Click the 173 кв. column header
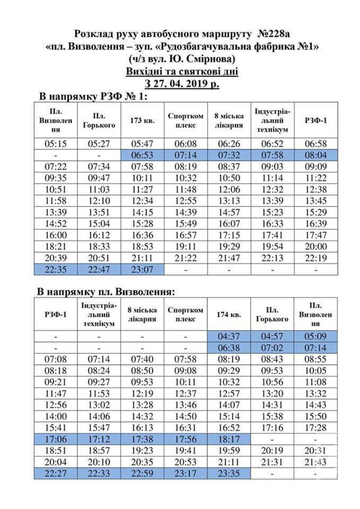(x=142, y=120)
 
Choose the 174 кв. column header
(x=229, y=314)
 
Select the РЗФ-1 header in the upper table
(x=315, y=120)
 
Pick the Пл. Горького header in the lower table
(x=272, y=314)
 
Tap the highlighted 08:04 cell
(x=315, y=155)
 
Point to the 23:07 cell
(x=142, y=269)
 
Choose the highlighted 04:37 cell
(x=229, y=336)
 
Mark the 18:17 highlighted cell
(x=229, y=439)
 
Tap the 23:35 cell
(x=229, y=473)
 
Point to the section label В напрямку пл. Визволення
(x=106, y=292)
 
